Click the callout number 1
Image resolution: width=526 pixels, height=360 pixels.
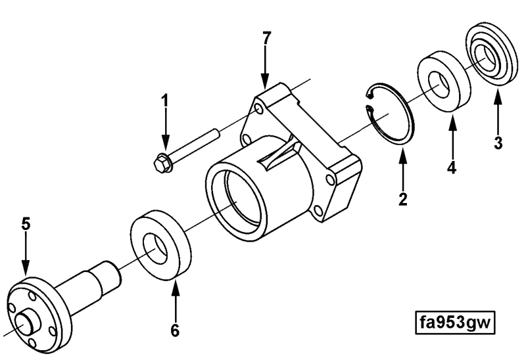165,101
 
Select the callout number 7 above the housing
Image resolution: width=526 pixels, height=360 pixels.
266,38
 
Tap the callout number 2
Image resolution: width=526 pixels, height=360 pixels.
403,200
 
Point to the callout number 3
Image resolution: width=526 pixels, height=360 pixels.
498,143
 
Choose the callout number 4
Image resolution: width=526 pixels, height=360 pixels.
452,168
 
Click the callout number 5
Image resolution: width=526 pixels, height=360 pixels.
26,223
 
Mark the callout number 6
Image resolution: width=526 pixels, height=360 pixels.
175,331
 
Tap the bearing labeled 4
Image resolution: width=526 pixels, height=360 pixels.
443,81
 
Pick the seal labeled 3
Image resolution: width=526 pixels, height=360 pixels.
491,54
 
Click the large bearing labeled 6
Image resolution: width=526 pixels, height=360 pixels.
160,245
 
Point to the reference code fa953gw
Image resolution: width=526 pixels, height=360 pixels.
455,323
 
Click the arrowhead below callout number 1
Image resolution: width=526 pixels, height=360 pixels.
165,142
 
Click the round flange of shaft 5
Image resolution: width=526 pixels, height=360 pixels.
39,315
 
